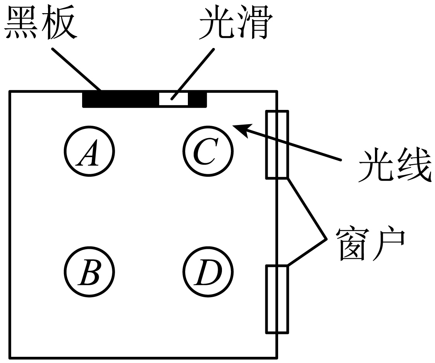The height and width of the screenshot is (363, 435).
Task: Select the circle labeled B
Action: point(89,271)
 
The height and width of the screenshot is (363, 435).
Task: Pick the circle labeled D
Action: point(208,271)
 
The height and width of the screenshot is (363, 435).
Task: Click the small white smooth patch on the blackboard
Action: point(174,99)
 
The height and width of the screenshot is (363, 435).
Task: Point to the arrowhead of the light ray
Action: point(238,128)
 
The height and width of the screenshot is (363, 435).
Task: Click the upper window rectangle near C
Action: point(277,145)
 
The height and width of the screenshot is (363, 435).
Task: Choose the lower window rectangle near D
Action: point(277,299)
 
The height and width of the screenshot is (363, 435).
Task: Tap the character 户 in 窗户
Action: point(390,243)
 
